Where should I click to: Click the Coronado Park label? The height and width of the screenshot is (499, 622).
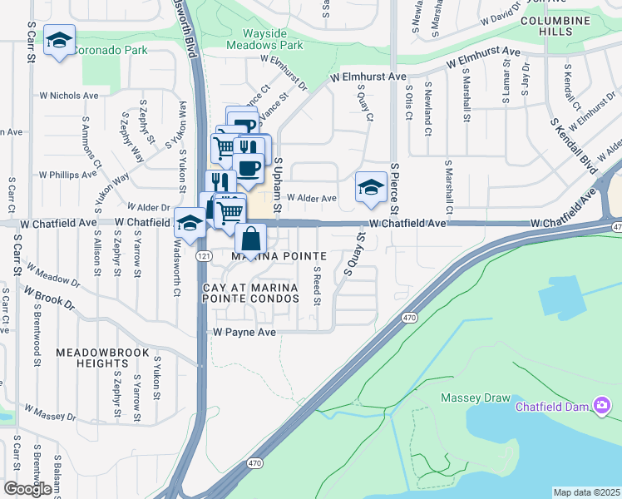pos(111,50)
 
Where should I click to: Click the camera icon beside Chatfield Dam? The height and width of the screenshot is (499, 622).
pos(601,406)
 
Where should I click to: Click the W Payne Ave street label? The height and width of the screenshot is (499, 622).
pos(244,331)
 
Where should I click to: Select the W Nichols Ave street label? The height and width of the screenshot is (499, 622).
pos(74,96)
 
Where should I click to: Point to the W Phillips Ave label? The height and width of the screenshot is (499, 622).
pos(73,175)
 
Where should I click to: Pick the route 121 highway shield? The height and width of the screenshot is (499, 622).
pos(203,258)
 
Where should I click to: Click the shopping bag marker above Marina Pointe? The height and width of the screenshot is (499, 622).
pos(250,239)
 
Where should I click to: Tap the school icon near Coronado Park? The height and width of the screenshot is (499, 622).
pos(59,42)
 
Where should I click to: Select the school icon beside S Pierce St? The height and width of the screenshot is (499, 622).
pos(370,187)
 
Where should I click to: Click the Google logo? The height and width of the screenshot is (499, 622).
pos(27,489)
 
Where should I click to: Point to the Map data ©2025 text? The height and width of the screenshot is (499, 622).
pos(585,492)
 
